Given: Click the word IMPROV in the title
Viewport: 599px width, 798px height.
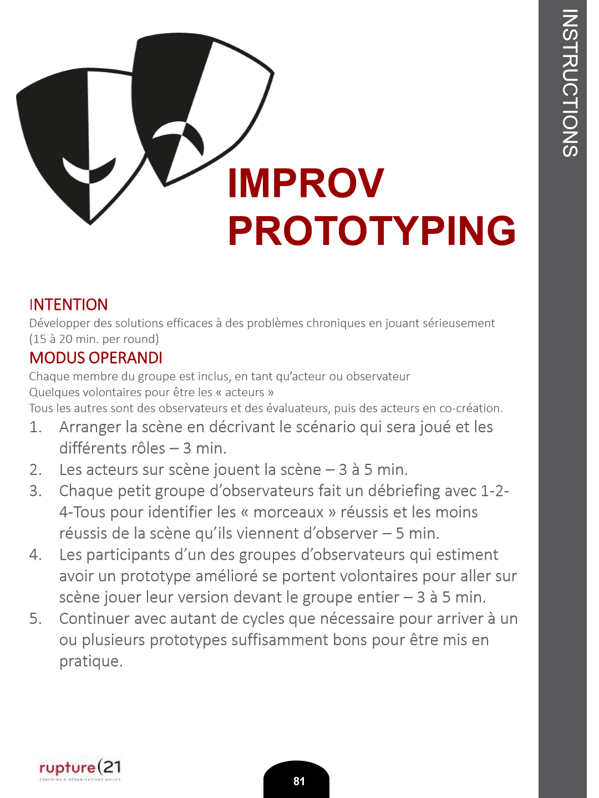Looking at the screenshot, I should [306, 183].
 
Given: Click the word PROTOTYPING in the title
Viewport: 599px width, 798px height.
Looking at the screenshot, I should [372, 231].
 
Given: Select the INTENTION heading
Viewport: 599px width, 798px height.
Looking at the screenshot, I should [68, 305].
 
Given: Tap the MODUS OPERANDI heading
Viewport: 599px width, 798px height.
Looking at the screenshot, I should [95, 358].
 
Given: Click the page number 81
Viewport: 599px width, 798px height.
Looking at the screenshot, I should [299, 781].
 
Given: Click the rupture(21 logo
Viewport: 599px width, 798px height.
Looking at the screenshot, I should [80, 768].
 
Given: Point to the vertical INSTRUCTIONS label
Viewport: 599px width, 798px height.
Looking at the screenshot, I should [570, 83].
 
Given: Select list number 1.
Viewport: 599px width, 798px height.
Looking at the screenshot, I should [35, 427].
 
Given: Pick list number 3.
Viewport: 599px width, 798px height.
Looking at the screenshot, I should [35, 491].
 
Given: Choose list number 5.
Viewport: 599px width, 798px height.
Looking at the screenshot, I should [35, 618].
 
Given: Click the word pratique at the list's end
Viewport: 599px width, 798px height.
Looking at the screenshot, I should [90, 661].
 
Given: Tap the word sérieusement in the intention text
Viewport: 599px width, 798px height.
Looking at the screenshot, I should [459, 323].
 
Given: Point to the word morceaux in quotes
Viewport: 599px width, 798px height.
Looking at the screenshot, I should [288, 512].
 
